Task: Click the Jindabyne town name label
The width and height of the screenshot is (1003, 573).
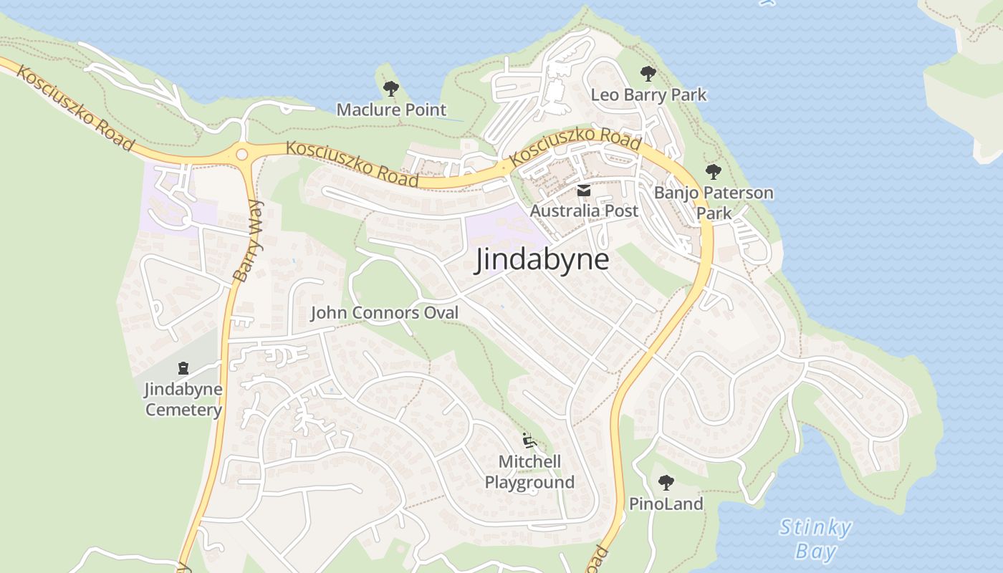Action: point(542,259)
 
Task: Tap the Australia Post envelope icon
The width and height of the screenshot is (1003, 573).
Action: point(583,191)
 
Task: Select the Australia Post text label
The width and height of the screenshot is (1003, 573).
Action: point(583,211)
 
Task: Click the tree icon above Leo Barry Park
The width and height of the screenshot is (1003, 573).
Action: point(648,73)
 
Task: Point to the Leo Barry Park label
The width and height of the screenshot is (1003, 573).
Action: point(648,95)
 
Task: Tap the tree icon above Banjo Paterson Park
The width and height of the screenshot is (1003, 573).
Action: point(713,172)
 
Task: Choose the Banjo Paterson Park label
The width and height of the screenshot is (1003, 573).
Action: point(714,203)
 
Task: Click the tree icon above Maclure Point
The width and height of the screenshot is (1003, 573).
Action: point(390,89)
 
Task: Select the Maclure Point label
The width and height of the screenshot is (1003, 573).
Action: point(391,110)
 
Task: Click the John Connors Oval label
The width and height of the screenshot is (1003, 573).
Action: point(384,313)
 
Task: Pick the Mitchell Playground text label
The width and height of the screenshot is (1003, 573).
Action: point(529,471)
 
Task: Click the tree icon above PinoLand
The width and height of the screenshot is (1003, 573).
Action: point(666,483)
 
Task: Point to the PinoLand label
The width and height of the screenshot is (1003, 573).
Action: point(666,504)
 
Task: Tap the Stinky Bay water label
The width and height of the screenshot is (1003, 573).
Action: point(815,539)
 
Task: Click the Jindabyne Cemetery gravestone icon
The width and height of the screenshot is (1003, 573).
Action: point(183,368)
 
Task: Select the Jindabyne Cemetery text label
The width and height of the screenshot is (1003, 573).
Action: point(183,400)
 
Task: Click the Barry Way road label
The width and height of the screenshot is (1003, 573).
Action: point(248,241)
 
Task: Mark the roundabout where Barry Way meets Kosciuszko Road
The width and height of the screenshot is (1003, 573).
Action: point(241,154)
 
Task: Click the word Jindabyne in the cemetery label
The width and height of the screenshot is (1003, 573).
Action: point(183,390)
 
